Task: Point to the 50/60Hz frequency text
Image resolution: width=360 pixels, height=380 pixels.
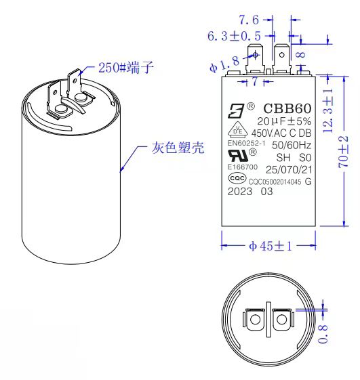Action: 291,144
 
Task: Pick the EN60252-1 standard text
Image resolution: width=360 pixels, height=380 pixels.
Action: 245,143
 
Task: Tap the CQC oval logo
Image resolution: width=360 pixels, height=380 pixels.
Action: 236,179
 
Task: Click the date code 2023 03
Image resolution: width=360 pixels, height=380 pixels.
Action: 249,192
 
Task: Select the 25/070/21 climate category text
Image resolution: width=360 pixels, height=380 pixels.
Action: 289,169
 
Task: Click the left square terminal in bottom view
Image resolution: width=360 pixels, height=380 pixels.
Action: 255,318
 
